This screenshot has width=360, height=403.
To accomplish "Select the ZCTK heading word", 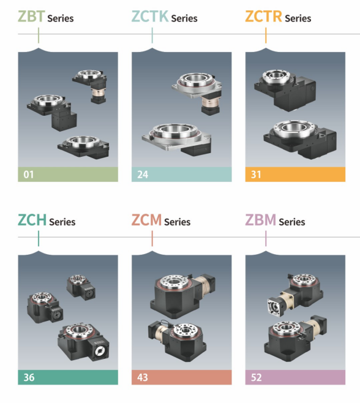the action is click(150, 17).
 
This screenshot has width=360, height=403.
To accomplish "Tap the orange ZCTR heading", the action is click(264, 17).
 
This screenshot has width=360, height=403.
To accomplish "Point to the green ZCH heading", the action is click(32, 220).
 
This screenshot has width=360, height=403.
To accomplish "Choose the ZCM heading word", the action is click(146, 220).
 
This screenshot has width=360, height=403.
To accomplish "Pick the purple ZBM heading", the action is click(261, 220).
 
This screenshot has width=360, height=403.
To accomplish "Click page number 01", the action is click(29, 175).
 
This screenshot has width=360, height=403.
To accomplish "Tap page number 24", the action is click(143, 175).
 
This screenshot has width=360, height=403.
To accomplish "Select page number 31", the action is click(256, 175).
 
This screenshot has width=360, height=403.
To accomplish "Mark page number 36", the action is click(29, 377).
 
